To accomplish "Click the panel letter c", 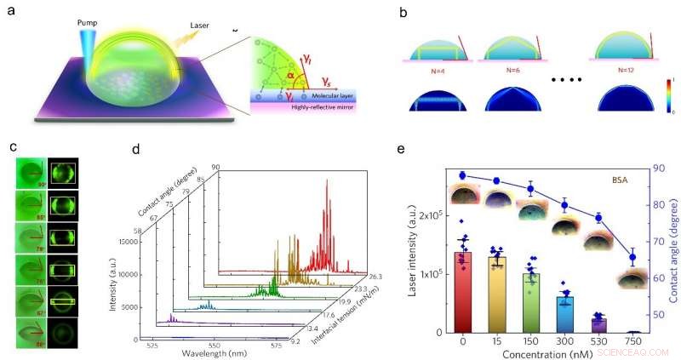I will click(x=13, y=146).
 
